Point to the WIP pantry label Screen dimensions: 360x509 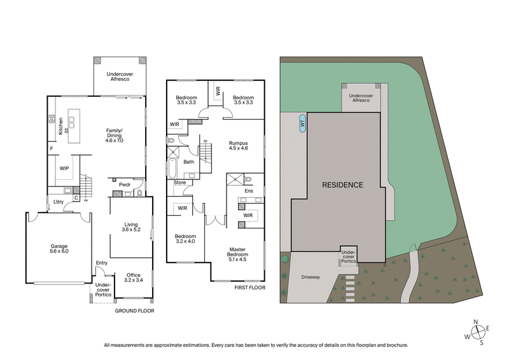[x=64, y=169]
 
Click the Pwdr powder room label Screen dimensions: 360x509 [x=124, y=185]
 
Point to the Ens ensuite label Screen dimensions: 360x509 [x=249, y=190]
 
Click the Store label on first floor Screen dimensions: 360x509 [x=180, y=183]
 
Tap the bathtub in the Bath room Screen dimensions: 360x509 [x=172, y=167]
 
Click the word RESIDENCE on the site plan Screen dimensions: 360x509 [x=342, y=185]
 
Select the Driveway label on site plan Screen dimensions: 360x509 [x=311, y=277]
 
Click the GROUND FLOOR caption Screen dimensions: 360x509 [x=134, y=311]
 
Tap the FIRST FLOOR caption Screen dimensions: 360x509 [x=249, y=287]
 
